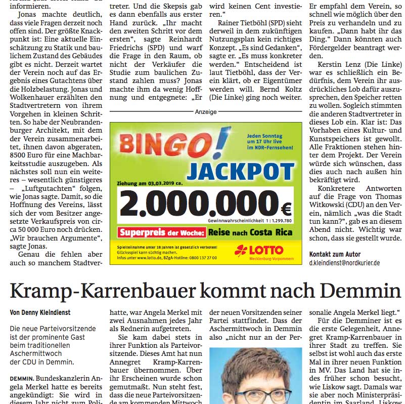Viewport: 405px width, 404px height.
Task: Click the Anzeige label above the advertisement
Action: (x=206, y=112)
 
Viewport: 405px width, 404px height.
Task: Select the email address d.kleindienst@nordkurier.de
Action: (x=344, y=263)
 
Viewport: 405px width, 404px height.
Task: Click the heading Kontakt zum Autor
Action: (x=335, y=254)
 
